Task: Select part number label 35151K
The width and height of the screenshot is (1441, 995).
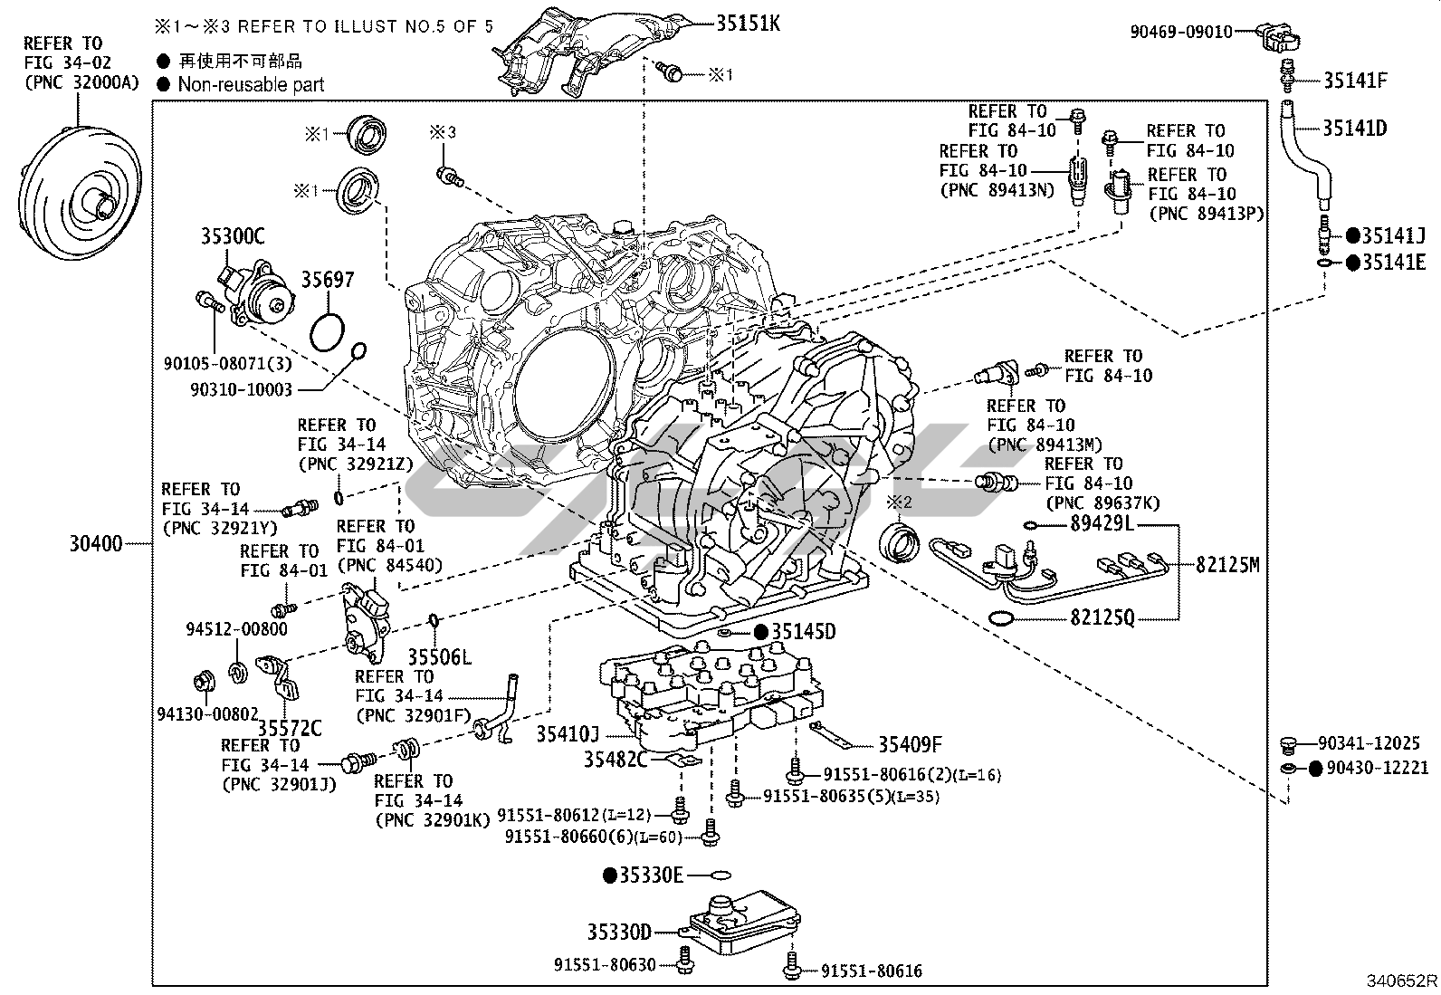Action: click(747, 24)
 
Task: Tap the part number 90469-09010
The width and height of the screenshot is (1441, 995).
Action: click(1180, 32)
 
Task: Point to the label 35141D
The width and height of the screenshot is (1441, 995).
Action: click(1354, 129)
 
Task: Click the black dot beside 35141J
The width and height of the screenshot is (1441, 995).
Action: click(1352, 236)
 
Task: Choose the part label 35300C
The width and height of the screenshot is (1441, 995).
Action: click(233, 238)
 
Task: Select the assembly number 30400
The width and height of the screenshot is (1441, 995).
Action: click(96, 544)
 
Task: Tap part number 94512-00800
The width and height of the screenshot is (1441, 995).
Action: click(236, 629)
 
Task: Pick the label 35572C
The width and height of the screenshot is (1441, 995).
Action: click(290, 728)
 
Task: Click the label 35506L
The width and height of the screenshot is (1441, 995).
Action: click(439, 657)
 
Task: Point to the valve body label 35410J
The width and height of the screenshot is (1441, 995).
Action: click(568, 734)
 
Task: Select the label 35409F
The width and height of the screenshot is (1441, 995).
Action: click(910, 745)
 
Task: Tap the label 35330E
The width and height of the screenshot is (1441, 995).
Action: click(650, 875)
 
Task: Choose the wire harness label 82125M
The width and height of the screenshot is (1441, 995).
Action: click(1226, 565)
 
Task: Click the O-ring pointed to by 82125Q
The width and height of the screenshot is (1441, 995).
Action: click(1000, 619)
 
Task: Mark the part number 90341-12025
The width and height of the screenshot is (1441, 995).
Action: click(1369, 743)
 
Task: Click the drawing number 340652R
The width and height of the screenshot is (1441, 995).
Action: click(1401, 981)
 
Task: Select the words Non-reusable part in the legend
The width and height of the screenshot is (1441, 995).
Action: click(251, 85)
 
